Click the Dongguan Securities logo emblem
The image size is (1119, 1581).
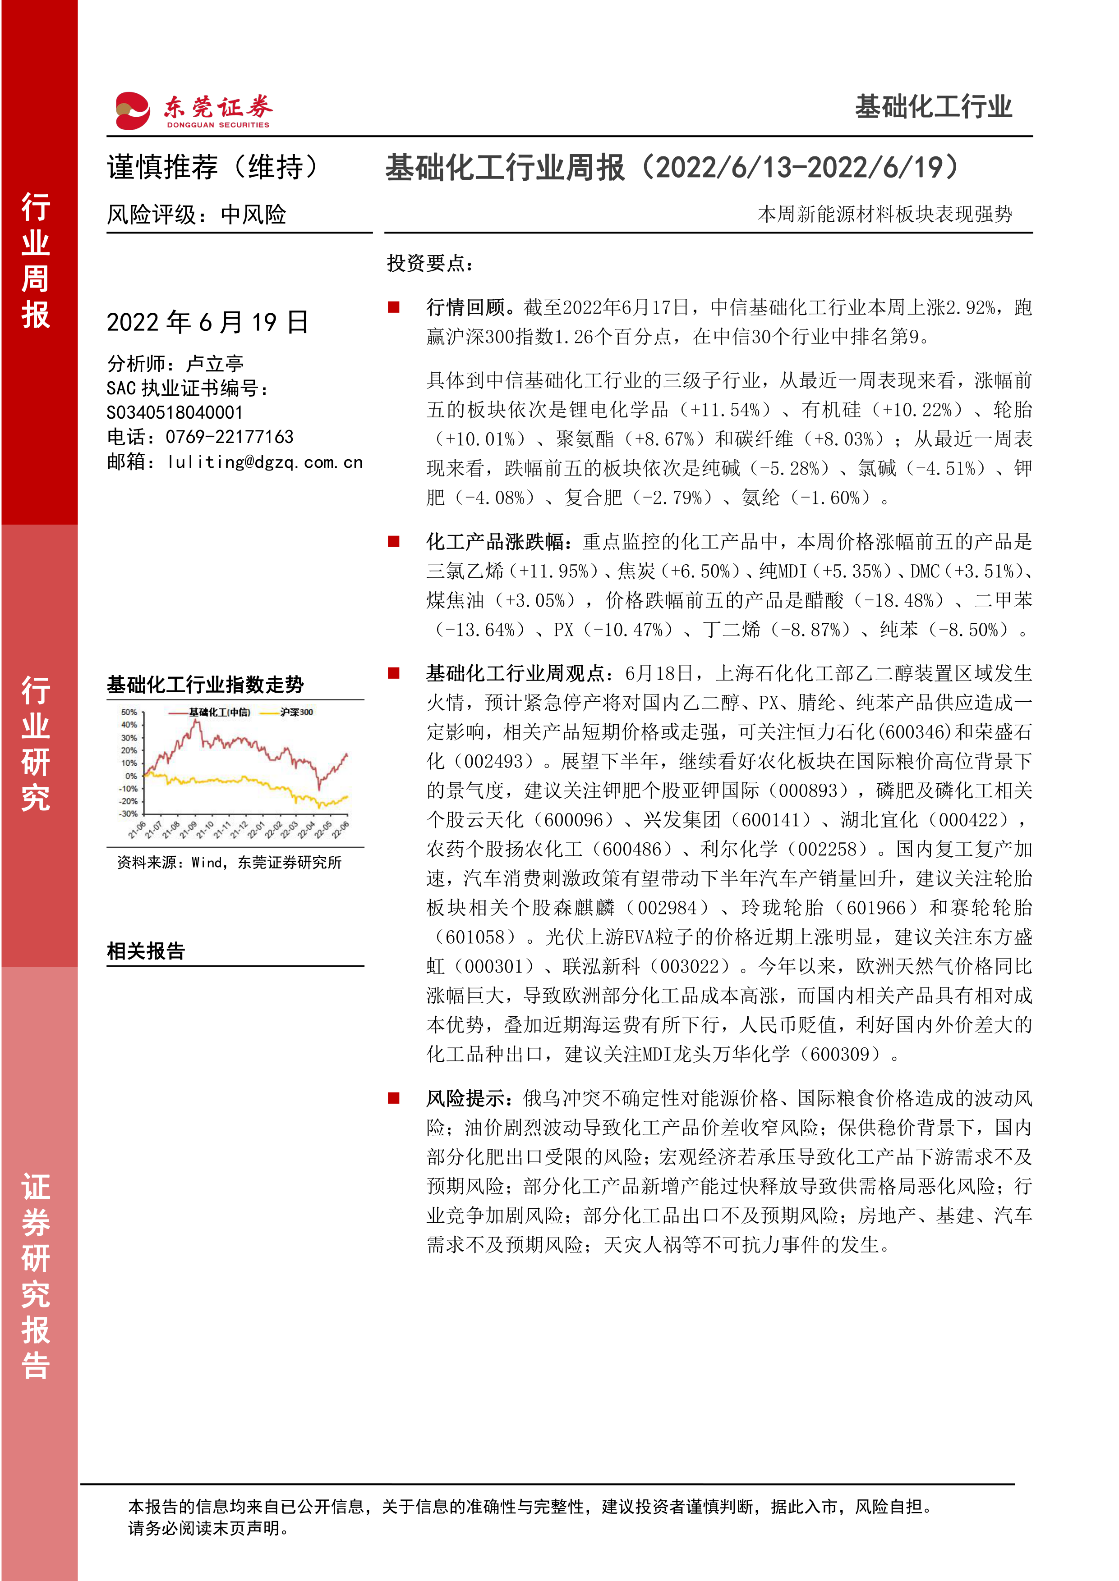click(132, 110)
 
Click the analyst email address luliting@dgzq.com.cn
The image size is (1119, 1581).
click(265, 462)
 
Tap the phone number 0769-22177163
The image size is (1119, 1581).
click(230, 437)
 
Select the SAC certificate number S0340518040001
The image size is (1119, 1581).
click(175, 412)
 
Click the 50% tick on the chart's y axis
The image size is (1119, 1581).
click(129, 712)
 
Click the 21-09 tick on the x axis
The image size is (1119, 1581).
click(188, 830)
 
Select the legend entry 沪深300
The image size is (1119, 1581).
click(297, 712)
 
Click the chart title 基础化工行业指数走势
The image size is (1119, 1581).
click(205, 685)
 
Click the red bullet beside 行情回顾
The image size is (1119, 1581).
click(393, 307)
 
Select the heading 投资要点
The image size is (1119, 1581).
click(430, 263)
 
